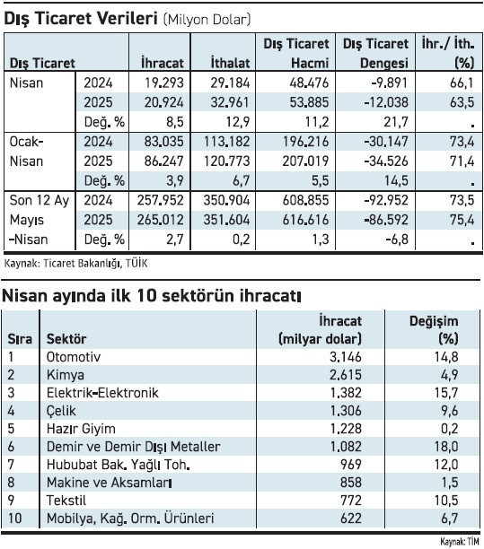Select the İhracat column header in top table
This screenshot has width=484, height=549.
tap(163, 63)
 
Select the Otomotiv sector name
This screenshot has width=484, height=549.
tap(74, 356)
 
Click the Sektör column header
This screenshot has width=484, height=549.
tap(66, 338)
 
